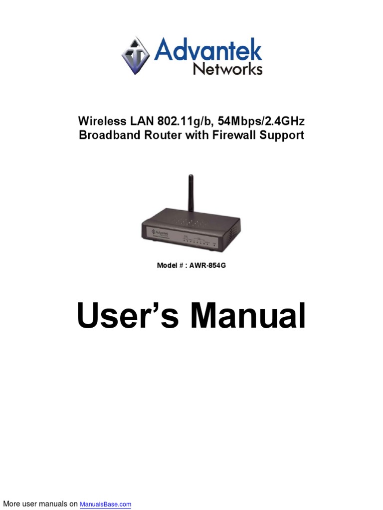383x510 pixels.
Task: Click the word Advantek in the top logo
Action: point(208,50)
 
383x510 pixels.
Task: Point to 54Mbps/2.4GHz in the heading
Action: point(260,121)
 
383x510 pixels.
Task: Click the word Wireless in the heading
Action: point(98,121)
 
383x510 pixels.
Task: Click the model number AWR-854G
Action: point(207,265)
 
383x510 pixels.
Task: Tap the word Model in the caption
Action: point(167,265)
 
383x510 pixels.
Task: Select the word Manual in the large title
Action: point(248,316)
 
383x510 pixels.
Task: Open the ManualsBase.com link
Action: point(105,505)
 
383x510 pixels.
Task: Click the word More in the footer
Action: point(11,504)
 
